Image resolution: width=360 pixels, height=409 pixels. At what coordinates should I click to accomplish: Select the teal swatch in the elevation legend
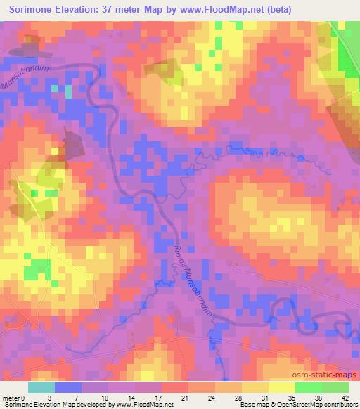(41, 387)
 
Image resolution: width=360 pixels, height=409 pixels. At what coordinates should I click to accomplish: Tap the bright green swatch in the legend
(307, 387)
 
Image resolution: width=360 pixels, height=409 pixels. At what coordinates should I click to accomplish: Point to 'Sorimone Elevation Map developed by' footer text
(51, 405)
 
